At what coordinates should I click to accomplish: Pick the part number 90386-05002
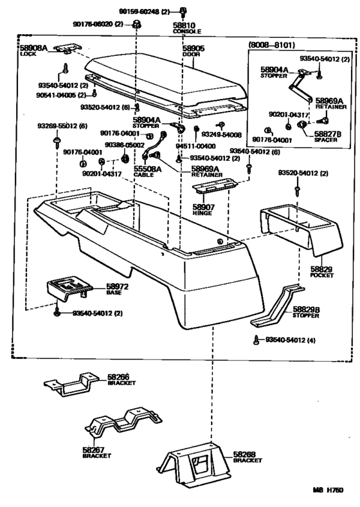pyautogui.click(x=122, y=145)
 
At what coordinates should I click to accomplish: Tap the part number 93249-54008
pyautogui.click(x=221, y=135)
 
